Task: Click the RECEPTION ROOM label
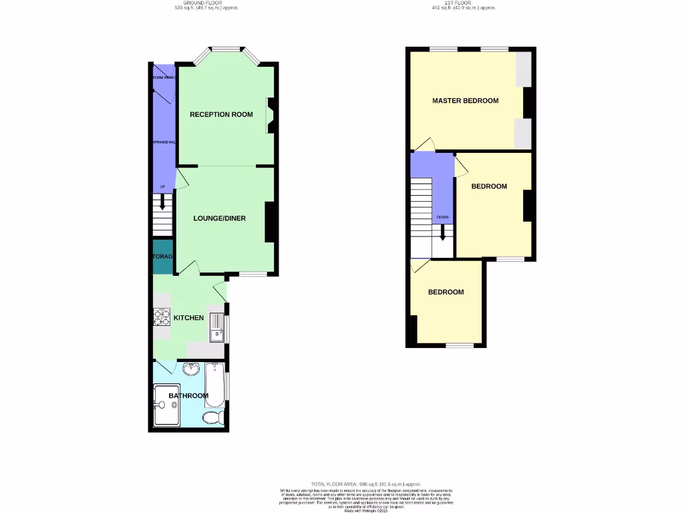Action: pyautogui.click(x=221, y=114)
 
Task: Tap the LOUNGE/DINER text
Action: pyautogui.click(x=220, y=218)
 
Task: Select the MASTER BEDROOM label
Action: pyautogui.click(x=465, y=101)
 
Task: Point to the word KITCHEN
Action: pyautogui.click(x=188, y=317)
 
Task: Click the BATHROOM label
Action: pyautogui.click(x=188, y=395)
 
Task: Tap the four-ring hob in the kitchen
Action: pyautogui.click(x=162, y=317)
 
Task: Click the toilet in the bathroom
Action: pyautogui.click(x=212, y=418)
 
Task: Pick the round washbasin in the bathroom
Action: pyautogui.click(x=191, y=368)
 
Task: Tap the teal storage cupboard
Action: pyautogui.click(x=163, y=257)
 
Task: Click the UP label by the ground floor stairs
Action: pyautogui.click(x=162, y=187)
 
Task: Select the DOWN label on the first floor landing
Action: pyautogui.click(x=442, y=217)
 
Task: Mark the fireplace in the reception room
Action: pyautogui.click(x=271, y=115)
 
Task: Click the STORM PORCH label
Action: pyautogui.click(x=164, y=78)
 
